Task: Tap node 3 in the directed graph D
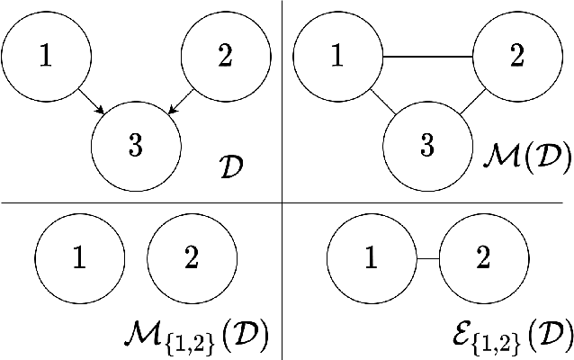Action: tap(136, 146)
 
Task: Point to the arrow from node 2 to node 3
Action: tap(181, 102)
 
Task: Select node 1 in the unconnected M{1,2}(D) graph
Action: tap(79, 260)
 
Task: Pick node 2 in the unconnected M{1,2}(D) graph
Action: tap(192, 260)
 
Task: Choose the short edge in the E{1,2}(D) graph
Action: tap(427, 260)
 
